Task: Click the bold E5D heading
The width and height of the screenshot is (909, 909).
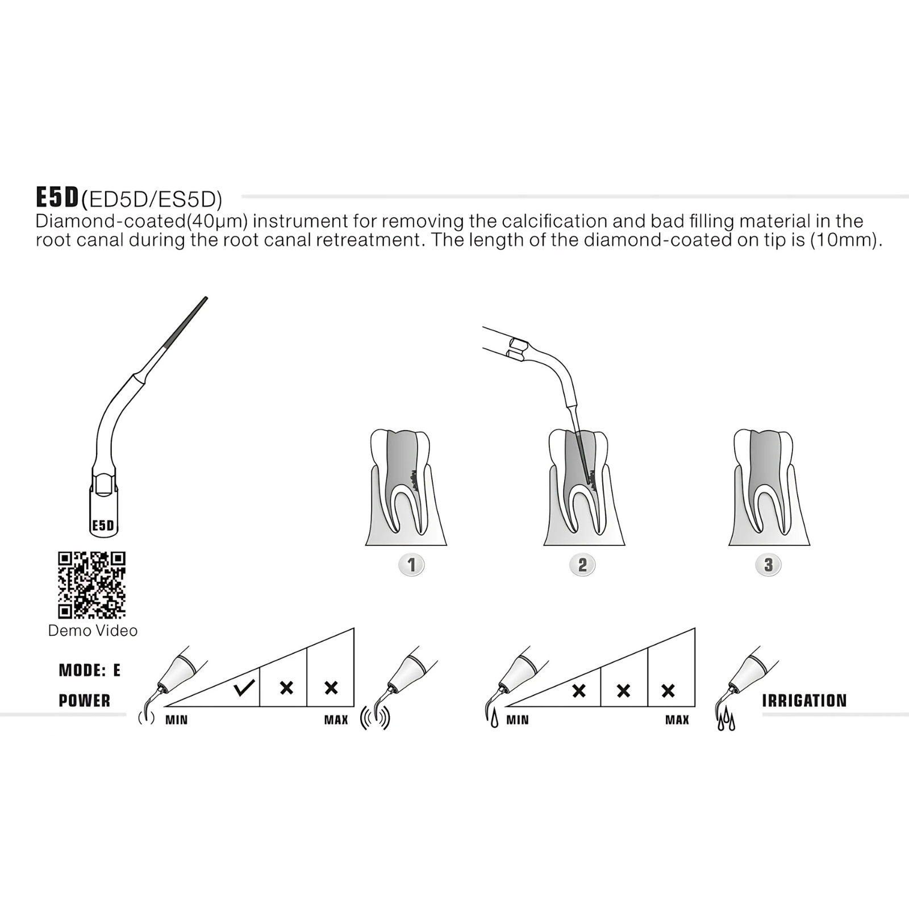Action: pos(57,197)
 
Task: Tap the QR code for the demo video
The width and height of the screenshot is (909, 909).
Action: pos(91,585)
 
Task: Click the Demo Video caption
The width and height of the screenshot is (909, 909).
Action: pos(93,631)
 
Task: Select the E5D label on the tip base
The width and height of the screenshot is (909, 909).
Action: pos(103,526)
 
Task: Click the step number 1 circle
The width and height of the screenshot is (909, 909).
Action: pos(412,565)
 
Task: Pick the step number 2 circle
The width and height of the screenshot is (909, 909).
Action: pos(582,565)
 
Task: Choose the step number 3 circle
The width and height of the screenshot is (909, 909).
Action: pos(768,565)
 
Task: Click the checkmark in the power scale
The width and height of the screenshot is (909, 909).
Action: pos(244,688)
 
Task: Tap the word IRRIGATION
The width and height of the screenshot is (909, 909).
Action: pos(804,700)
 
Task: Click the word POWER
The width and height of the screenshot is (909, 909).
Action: pos(85,700)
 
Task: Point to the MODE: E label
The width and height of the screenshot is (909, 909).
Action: pos(90,670)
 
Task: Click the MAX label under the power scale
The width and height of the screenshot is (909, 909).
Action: pos(336,720)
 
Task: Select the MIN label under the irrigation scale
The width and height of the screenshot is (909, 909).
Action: pos(518,720)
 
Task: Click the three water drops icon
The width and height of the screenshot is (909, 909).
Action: pos(726,722)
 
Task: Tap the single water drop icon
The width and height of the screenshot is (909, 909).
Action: pos(494,720)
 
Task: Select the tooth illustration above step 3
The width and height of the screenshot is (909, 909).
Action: pos(769,487)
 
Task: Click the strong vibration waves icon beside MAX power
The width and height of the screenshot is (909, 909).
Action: pos(376,718)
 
